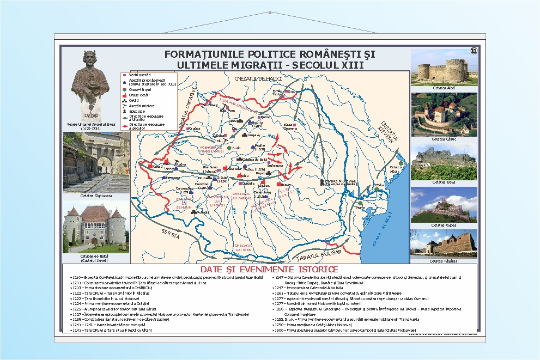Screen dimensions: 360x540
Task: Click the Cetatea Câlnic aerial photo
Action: coord(444,114)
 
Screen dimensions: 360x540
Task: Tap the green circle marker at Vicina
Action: coord(360,203)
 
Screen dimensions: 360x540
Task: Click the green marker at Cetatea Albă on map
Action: coord(401,163)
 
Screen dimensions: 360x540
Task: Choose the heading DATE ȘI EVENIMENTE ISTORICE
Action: coord(269,270)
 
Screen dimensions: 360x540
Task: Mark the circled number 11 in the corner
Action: coord(473,51)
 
